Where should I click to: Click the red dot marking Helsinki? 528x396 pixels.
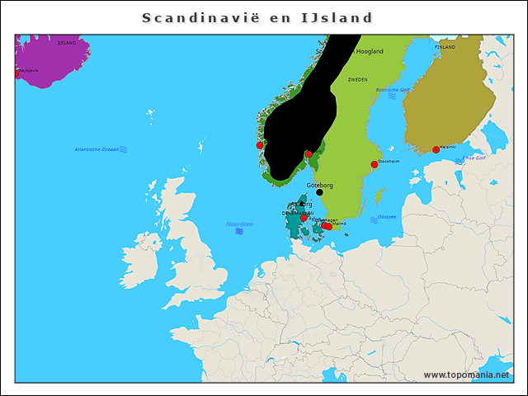pos(436,150)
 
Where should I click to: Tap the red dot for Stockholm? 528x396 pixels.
pos(374,165)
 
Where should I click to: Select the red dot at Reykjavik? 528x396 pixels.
pos(16,73)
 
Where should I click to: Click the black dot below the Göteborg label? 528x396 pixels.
pos(319,193)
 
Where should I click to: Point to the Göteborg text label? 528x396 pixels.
pos(319,185)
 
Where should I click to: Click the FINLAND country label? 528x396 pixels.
pos(445,48)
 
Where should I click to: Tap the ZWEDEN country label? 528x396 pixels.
pos(357,80)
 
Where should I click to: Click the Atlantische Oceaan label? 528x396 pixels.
pos(96,149)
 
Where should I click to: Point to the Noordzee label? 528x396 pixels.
pos(239,224)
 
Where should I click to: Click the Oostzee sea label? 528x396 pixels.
pos(387,217)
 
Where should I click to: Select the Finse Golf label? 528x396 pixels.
pos(474,158)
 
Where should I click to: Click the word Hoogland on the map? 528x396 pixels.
pos(369,51)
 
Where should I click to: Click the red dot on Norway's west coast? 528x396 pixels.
pos(260,145)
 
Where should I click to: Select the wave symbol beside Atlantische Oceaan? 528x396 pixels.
pos(123,149)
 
